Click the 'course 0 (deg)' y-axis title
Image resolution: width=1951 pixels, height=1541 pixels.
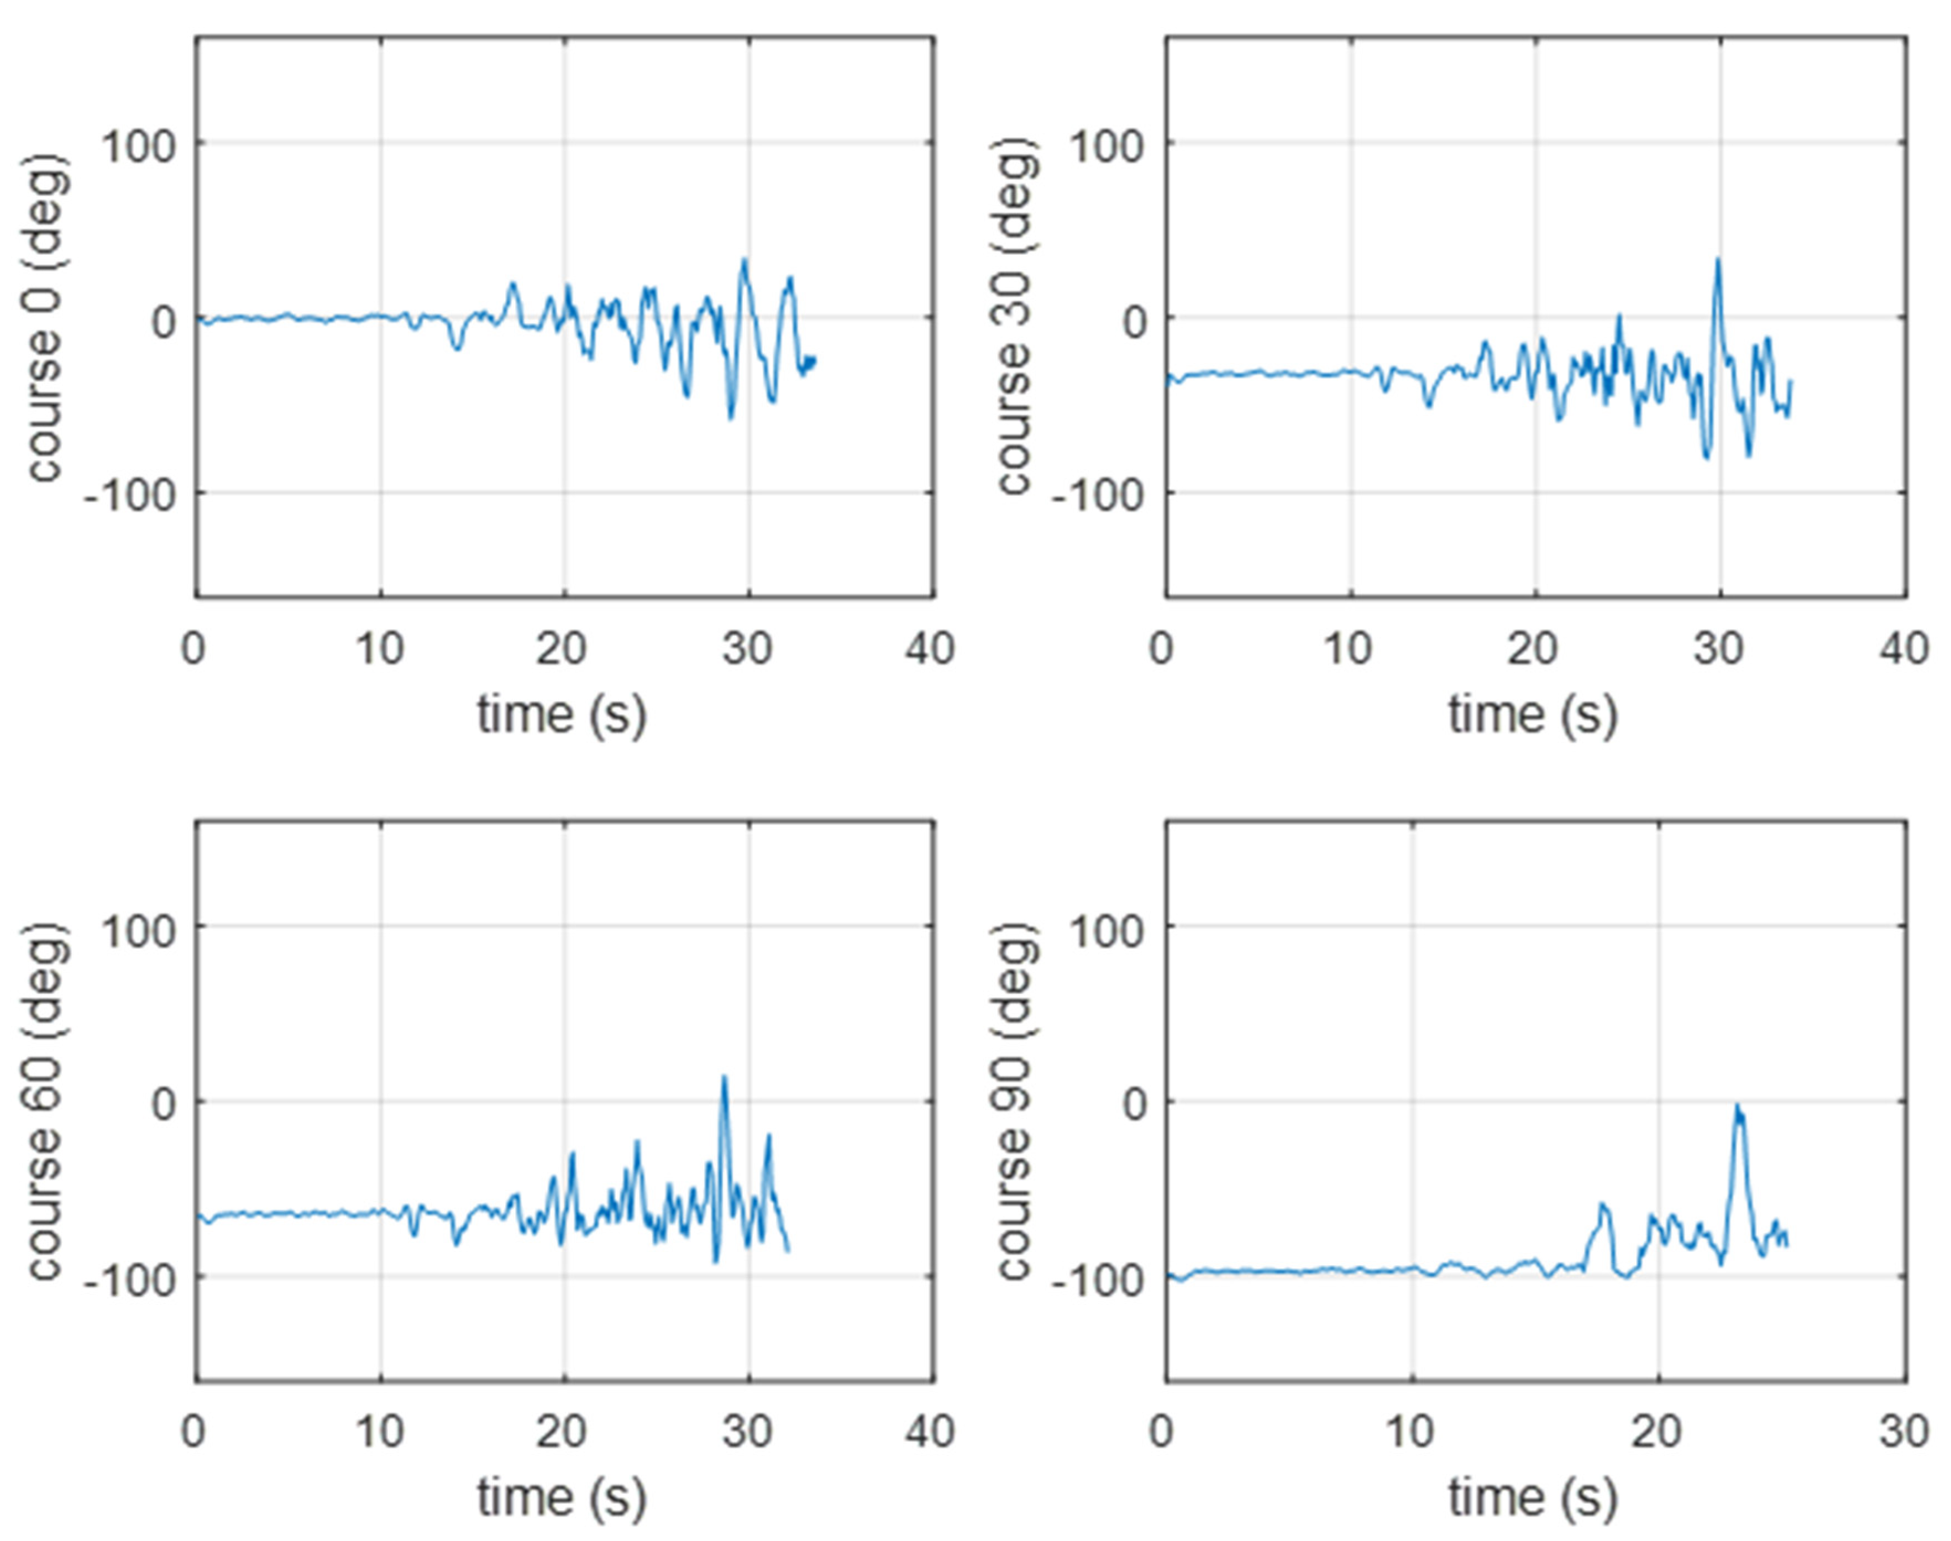pyautogui.click(x=45, y=318)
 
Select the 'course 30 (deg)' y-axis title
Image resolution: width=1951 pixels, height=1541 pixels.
pyautogui.click(x=1015, y=318)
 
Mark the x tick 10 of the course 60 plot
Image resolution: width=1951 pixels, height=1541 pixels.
pyautogui.click(x=380, y=1432)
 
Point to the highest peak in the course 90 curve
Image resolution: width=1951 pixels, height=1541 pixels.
pyautogui.click(x=1737, y=1106)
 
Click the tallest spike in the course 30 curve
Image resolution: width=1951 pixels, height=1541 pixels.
pyautogui.click(x=1718, y=260)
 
